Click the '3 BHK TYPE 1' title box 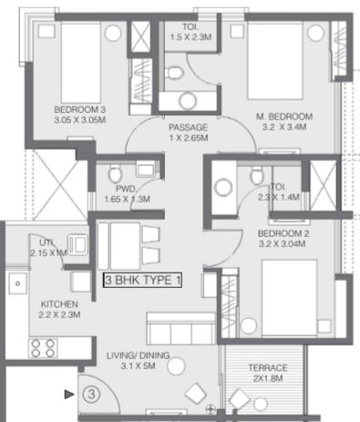[142, 280]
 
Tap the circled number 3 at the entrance [91, 395]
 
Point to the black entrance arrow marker [69, 395]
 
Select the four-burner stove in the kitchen [43, 348]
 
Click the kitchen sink [17, 283]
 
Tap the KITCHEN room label [59, 304]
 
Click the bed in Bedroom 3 [81, 63]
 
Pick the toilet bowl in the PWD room [115, 173]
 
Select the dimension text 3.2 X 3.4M [284, 127]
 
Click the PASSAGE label [189, 128]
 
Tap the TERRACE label [268, 368]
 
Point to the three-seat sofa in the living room [181, 328]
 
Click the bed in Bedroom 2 [289, 298]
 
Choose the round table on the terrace [261, 405]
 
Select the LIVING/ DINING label [139, 355]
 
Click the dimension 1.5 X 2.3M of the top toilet [190, 37]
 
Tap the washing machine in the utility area [78, 244]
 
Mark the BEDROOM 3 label [80, 109]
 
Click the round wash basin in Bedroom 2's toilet [223, 188]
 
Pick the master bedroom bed [275, 61]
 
